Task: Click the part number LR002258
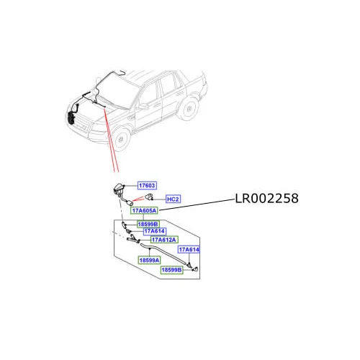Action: pyautogui.click(x=266, y=199)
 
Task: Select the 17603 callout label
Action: pyautogui.click(x=147, y=186)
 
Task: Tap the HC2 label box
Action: pyautogui.click(x=173, y=199)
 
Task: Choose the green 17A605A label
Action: pyautogui.click(x=144, y=210)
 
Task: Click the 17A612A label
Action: pyautogui.click(x=164, y=240)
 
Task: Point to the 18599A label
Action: pyautogui.click(x=149, y=260)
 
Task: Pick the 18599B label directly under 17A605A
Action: pyautogui.click(x=148, y=224)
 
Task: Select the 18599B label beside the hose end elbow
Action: pyautogui.click(x=171, y=270)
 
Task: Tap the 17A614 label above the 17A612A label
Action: pyautogui.click(x=155, y=231)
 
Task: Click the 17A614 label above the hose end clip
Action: pyautogui.click(x=189, y=250)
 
